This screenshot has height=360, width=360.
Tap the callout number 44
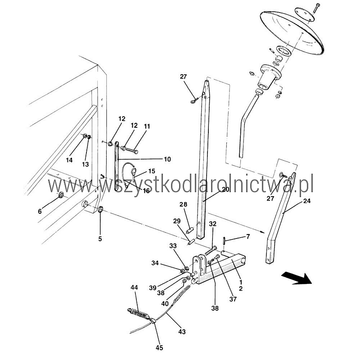point(134,287)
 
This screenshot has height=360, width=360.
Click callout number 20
point(226,189)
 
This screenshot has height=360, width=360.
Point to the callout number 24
point(307,201)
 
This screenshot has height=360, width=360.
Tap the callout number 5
point(100,239)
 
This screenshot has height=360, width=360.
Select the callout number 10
point(167,159)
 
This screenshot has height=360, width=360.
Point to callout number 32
point(213,224)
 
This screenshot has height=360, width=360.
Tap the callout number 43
point(182,332)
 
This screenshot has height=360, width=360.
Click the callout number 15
point(152,171)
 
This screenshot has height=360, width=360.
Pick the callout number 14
point(69,160)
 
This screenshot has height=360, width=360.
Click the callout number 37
point(233,299)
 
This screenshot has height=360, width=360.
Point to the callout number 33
point(173,246)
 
